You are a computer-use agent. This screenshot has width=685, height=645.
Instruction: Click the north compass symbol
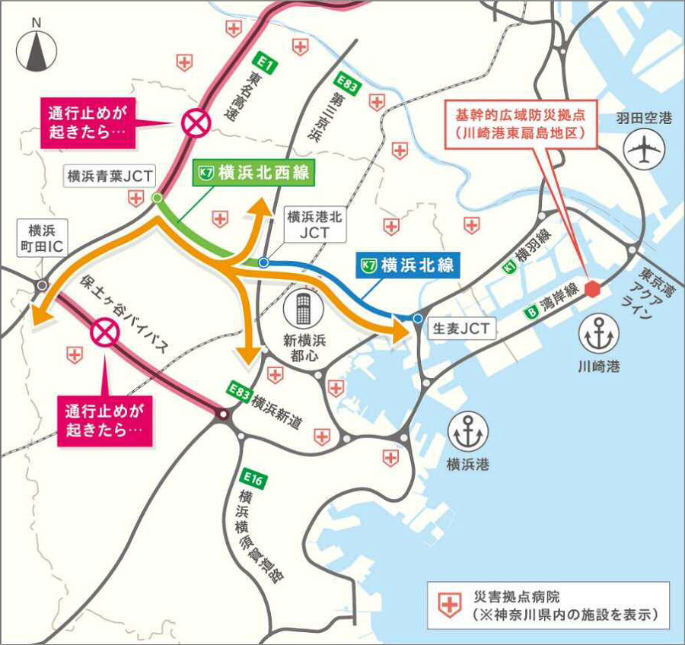tap(37, 54)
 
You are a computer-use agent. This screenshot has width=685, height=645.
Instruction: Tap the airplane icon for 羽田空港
tap(644, 149)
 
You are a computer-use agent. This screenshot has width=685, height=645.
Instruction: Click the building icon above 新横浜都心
tap(303, 310)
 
